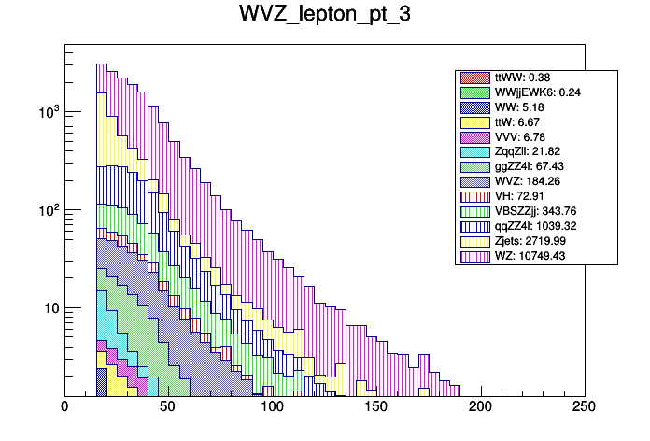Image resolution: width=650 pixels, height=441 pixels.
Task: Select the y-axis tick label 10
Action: pos(48,308)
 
